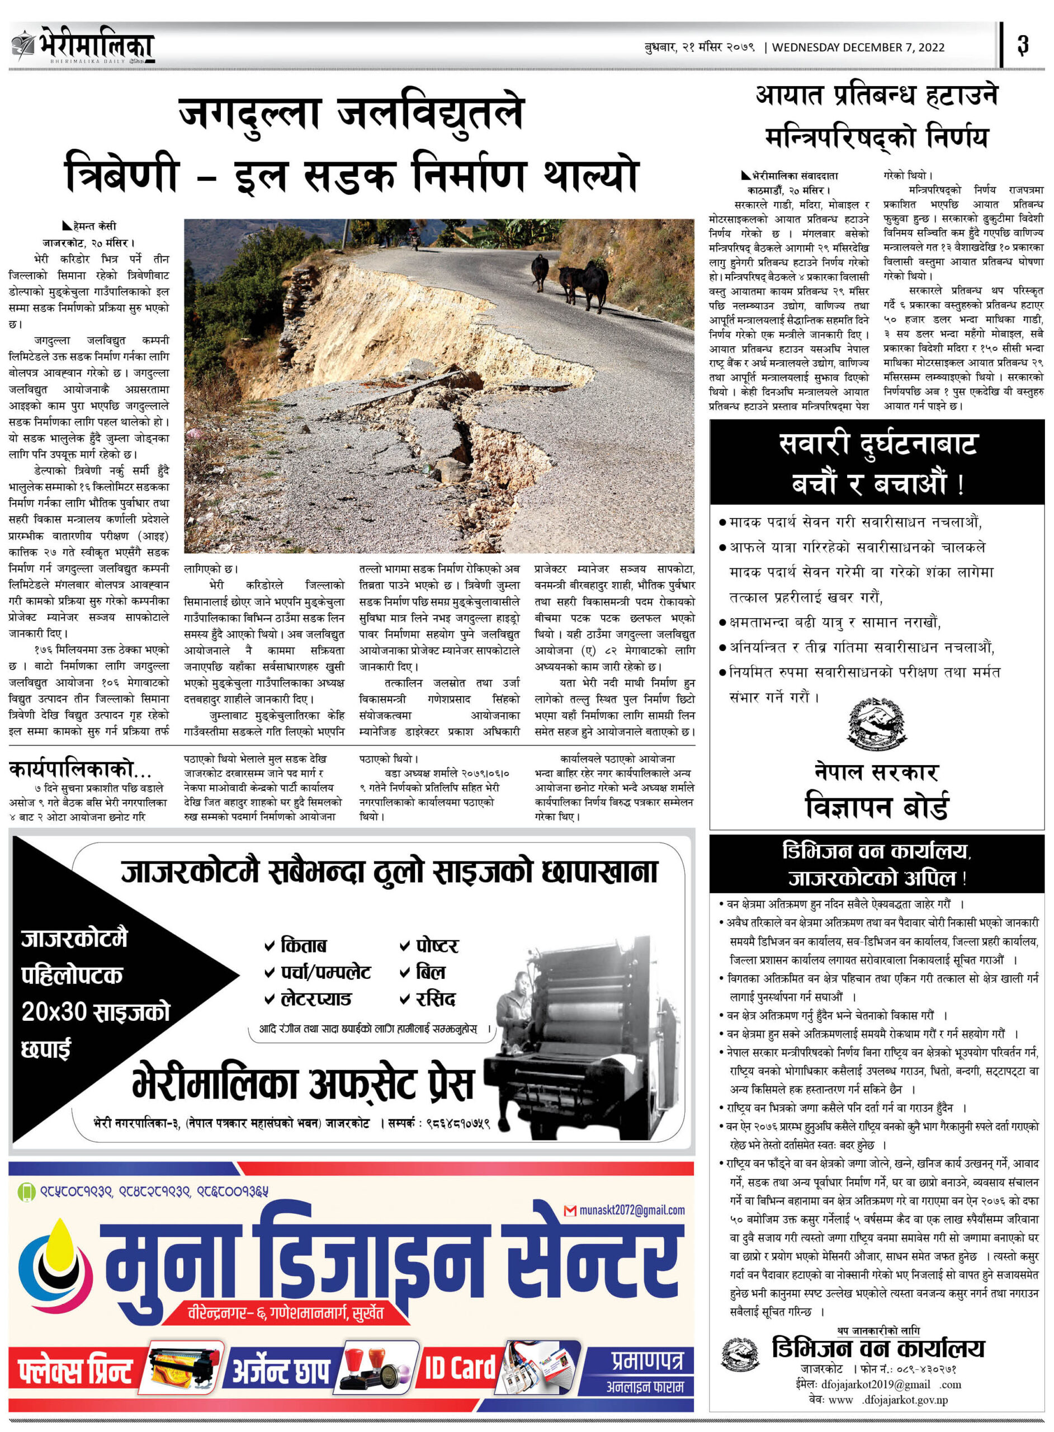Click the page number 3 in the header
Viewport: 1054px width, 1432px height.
coord(1023,45)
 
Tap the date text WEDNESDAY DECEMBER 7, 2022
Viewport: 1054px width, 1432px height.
coord(858,47)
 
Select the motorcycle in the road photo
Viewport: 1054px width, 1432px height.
coord(415,240)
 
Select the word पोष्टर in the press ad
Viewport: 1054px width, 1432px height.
coord(436,945)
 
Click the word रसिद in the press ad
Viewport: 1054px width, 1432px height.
coord(435,998)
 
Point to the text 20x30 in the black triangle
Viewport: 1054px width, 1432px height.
coord(54,1011)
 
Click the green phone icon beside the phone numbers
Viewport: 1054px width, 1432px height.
coord(26,1191)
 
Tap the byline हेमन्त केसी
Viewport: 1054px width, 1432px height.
coord(94,226)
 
